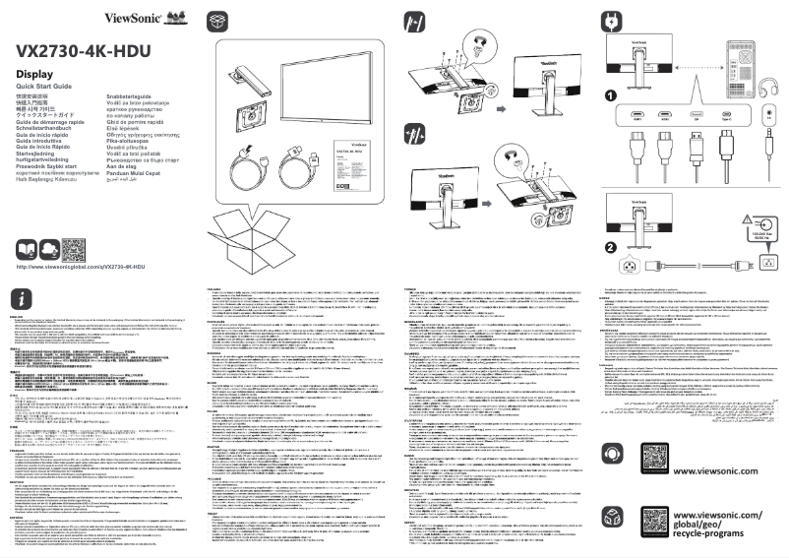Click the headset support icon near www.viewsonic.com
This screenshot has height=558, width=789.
pos(612,453)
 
